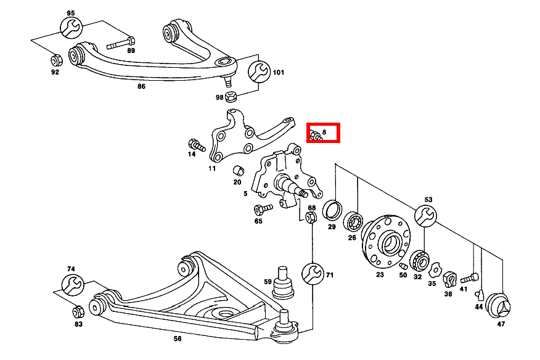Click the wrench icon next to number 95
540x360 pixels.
pyautogui.click(x=70, y=28)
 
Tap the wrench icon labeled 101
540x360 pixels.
pyautogui.click(x=258, y=72)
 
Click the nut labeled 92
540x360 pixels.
pyautogui.click(x=54, y=60)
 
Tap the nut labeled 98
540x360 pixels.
pyautogui.click(x=232, y=97)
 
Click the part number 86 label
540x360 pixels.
pyautogui.click(x=141, y=87)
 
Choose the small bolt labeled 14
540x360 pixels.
pyautogui.click(x=196, y=145)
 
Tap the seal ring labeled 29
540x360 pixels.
pyautogui.click(x=333, y=209)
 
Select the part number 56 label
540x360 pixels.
pyautogui.click(x=177, y=339)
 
